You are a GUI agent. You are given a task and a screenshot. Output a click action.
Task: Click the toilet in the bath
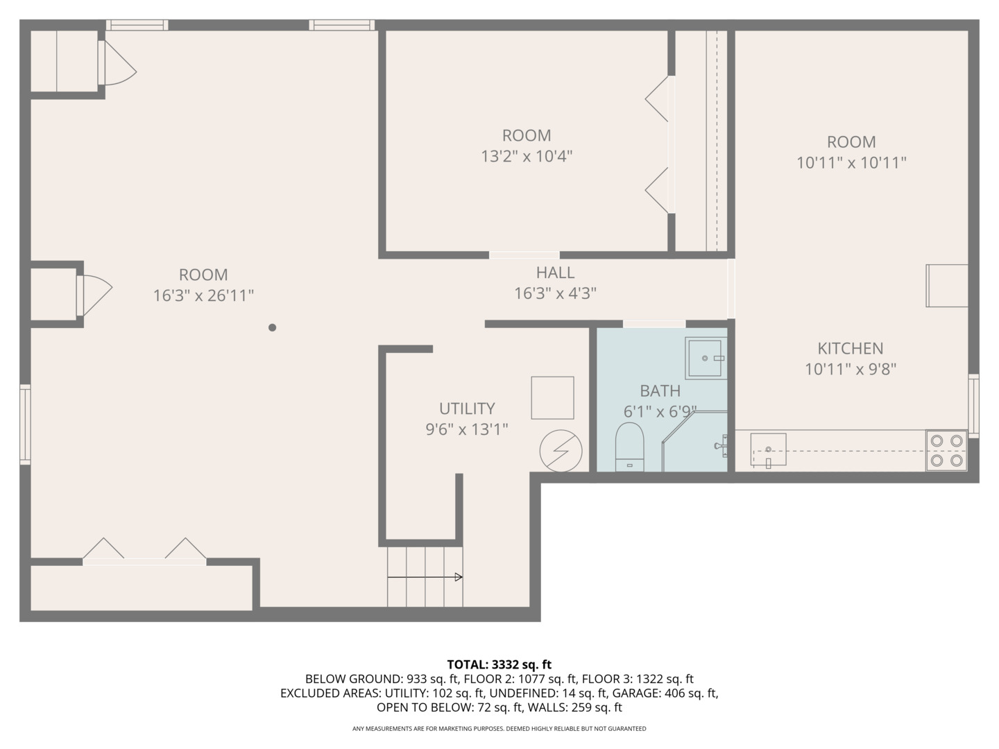tap(630, 447)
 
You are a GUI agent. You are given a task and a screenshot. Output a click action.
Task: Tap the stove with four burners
tap(946, 450)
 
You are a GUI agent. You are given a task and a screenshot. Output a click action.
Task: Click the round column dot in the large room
tap(273, 327)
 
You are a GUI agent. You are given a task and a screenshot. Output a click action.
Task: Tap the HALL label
tap(555, 273)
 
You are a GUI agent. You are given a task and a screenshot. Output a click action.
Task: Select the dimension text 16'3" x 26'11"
tap(203, 295)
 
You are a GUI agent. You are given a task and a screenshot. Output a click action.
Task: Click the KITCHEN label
tap(850, 348)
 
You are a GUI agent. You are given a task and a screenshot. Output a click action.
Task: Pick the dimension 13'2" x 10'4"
tap(527, 156)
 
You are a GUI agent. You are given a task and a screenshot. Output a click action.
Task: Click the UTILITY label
tap(467, 408)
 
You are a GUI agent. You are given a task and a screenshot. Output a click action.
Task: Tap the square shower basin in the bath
tap(706, 359)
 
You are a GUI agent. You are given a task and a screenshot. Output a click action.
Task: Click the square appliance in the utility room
tap(552, 397)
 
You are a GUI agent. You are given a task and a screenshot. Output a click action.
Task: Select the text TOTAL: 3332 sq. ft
tap(499, 665)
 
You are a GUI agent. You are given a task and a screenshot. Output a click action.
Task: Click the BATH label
tap(660, 391)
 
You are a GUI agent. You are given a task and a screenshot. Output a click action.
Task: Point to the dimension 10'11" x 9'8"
tap(851, 369)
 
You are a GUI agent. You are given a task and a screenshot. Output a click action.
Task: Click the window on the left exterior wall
tap(25, 424)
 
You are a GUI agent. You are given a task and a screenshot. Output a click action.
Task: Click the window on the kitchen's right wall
tap(973, 405)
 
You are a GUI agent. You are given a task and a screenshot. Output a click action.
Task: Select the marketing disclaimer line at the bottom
tap(499, 729)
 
